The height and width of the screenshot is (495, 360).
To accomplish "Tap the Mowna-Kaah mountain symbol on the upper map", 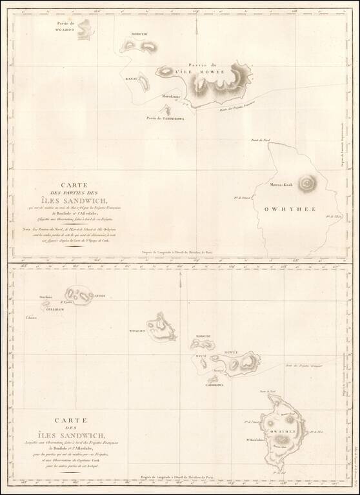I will [x=307, y=182].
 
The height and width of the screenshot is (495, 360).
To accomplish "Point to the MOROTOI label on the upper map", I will [x=140, y=34].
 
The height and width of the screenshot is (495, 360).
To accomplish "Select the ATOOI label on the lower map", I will [x=100, y=296].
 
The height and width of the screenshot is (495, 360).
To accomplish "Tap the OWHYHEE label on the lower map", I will [x=283, y=426].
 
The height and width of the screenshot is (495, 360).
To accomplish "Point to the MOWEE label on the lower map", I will [x=231, y=353].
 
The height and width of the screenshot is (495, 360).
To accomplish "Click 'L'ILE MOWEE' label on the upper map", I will [x=206, y=72].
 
